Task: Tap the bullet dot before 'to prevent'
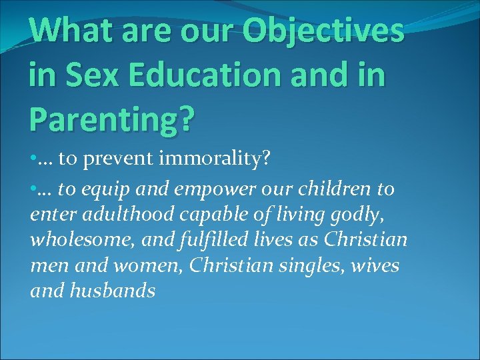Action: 33,159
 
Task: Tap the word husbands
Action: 114,291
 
